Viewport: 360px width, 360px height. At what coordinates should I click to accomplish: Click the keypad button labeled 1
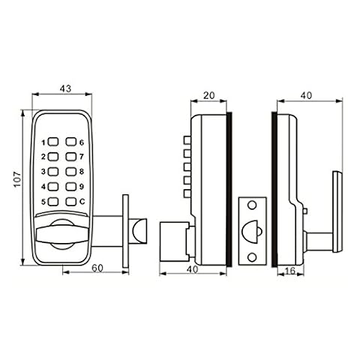pyautogui.click(x=53, y=142)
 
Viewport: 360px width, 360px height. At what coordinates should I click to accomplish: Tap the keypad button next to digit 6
pyautogui.click(x=71, y=142)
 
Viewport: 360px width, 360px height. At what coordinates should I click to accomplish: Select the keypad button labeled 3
pyautogui.click(x=53, y=172)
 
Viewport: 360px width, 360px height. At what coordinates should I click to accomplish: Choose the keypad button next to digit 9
pyautogui.click(x=71, y=187)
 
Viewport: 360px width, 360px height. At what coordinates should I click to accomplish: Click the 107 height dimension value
pyautogui.click(x=17, y=179)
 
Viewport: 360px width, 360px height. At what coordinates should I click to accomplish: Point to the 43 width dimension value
pyautogui.click(x=65, y=88)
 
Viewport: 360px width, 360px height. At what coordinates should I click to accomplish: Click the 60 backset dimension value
pyautogui.click(x=97, y=268)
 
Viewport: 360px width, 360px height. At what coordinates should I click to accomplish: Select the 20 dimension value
pyautogui.click(x=209, y=95)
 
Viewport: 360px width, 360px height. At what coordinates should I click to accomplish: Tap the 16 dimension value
pyautogui.click(x=290, y=271)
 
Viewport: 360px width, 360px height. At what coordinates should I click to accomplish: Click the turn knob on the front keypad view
pyautogui.click(x=62, y=234)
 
